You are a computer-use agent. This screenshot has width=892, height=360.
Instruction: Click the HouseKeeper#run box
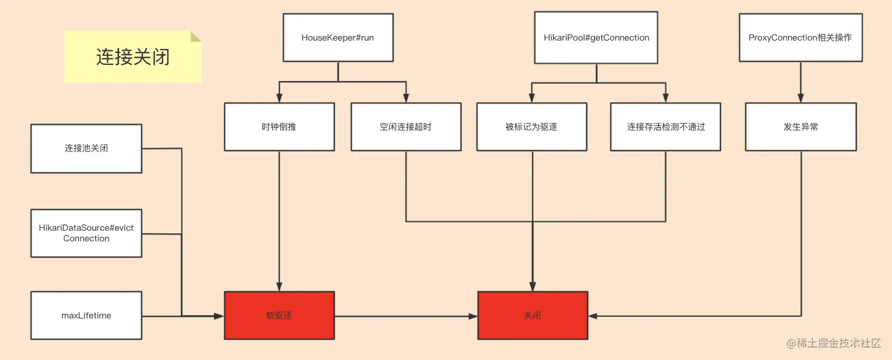[x=338, y=37]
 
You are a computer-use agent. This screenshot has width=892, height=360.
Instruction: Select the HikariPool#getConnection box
[x=596, y=37]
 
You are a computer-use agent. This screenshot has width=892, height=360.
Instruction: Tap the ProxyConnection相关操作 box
[x=801, y=37]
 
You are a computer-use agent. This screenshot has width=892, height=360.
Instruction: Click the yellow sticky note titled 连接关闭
[x=133, y=57]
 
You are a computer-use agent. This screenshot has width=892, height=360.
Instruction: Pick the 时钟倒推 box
[x=279, y=127]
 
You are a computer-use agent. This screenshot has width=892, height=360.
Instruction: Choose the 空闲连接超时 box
[x=406, y=127]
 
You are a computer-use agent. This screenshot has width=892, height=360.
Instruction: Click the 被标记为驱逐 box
[x=532, y=127]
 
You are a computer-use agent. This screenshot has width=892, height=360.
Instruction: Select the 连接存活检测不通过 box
[x=665, y=127]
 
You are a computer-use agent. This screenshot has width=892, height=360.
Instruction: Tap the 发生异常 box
[x=801, y=127]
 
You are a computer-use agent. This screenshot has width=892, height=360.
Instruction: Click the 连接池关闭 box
[x=86, y=149]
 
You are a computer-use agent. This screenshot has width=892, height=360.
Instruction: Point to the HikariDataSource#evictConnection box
[x=86, y=233]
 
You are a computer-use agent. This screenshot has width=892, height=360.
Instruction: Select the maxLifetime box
[x=86, y=315]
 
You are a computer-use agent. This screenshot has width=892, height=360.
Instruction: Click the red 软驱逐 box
[x=279, y=315]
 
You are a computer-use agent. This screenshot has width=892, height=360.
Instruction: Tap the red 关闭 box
[x=533, y=315]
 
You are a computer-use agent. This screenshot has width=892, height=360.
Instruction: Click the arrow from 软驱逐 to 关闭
[x=406, y=316]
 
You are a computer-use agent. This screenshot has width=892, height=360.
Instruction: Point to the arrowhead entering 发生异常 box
[x=801, y=98]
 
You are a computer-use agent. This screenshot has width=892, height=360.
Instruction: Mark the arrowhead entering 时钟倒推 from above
[x=279, y=98]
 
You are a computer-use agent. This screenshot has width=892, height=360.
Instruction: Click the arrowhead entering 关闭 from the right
[x=593, y=316]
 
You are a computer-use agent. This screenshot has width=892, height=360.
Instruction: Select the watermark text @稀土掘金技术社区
[x=834, y=343]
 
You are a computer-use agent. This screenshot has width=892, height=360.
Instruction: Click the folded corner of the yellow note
[x=195, y=36]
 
